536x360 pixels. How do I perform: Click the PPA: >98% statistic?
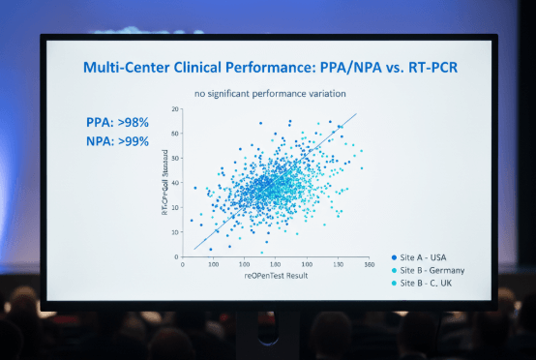point(118,124)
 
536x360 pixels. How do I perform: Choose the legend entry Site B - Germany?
point(435,269)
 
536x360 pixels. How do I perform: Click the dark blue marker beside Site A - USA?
point(395,256)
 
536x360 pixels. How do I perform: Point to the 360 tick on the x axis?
point(368,263)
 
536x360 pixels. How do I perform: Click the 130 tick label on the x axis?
point(339,263)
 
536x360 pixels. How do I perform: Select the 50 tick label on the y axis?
point(176,135)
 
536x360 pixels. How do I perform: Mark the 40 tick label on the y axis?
point(176,160)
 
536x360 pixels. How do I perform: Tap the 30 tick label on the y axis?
point(176,185)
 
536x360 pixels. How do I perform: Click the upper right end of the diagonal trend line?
point(357,114)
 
